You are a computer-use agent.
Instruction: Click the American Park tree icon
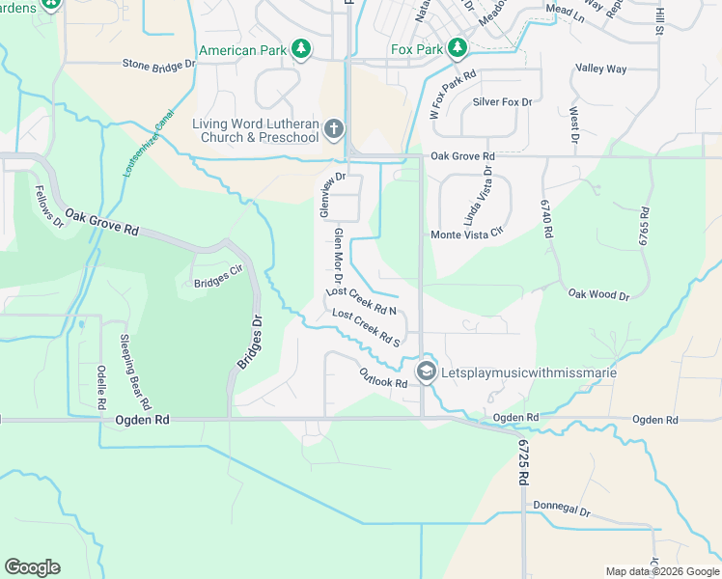click(301, 49)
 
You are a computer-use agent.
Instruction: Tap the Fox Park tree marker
click(457, 48)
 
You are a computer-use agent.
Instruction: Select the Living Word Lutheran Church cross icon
click(333, 128)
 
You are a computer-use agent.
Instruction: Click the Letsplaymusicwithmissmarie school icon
click(426, 372)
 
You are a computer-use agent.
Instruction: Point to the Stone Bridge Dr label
click(159, 65)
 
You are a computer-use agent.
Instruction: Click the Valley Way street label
click(600, 69)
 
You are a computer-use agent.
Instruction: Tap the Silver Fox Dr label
click(502, 101)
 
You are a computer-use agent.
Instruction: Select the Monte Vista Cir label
click(468, 234)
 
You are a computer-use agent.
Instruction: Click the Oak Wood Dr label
click(598, 294)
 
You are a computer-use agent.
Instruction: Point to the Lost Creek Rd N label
click(362, 300)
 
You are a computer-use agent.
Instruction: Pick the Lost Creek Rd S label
click(366, 327)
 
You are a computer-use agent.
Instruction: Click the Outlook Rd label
click(383, 377)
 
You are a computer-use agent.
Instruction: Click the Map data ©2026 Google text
click(662, 571)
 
